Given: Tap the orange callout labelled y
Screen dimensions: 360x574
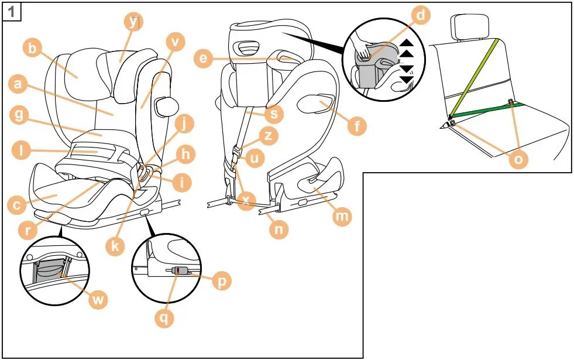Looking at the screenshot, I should (x=134, y=22).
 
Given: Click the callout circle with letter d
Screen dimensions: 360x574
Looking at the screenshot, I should (x=421, y=16).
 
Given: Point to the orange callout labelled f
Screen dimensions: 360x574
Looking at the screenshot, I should (x=355, y=125).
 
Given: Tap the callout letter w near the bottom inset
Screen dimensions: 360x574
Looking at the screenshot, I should (x=98, y=300).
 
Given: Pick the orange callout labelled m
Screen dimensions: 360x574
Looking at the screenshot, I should (x=342, y=217).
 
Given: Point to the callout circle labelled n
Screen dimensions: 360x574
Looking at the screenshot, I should (x=280, y=229).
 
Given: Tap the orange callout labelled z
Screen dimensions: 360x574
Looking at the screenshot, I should (x=268, y=136).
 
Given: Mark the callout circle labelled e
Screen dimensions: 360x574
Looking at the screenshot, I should (x=202, y=59).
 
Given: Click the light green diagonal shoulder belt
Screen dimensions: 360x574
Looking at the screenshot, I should (x=475, y=76).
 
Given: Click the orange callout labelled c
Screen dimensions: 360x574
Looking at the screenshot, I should (x=18, y=205).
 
